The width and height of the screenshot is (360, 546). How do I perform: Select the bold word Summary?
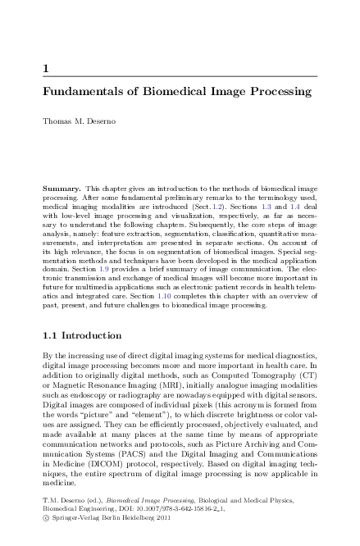tap(62, 189)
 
